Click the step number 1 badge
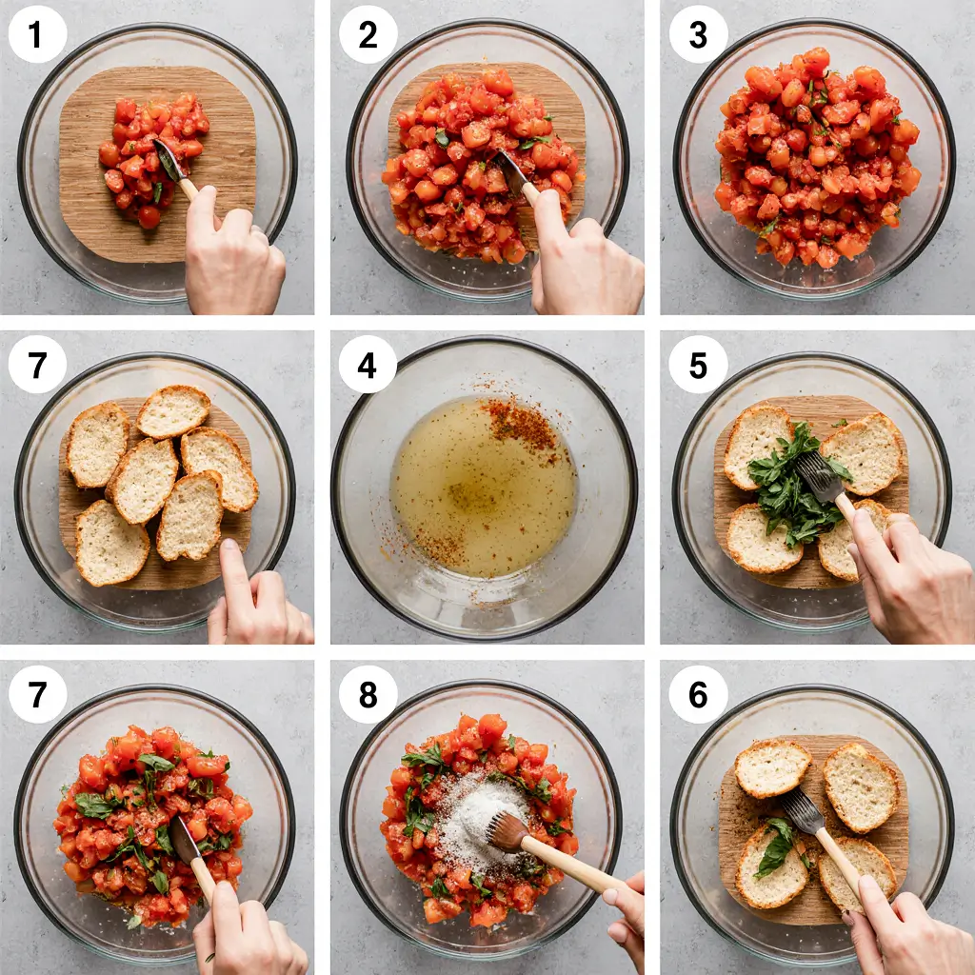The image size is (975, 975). [x=37, y=34]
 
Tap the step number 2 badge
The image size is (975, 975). [x=368, y=34]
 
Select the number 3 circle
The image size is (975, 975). [x=698, y=34]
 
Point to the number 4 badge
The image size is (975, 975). [x=368, y=365]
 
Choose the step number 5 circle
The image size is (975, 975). [x=698, y=365]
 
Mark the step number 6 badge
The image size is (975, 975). [x=698, y=694]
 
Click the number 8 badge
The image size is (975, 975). [x=368, y=694]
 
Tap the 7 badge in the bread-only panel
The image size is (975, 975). [x=37, y=365]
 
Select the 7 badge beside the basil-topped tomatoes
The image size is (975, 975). [x=37, y=694]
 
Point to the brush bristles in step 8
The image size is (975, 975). [x=507, y=831]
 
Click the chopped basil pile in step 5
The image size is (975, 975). [x=794, y=485]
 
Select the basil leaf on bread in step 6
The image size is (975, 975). [x=775, y=846]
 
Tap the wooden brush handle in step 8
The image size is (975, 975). [x=572, y=866]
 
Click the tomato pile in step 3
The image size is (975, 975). [x=816, y=155]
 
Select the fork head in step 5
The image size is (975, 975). [x=820, y=476]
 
